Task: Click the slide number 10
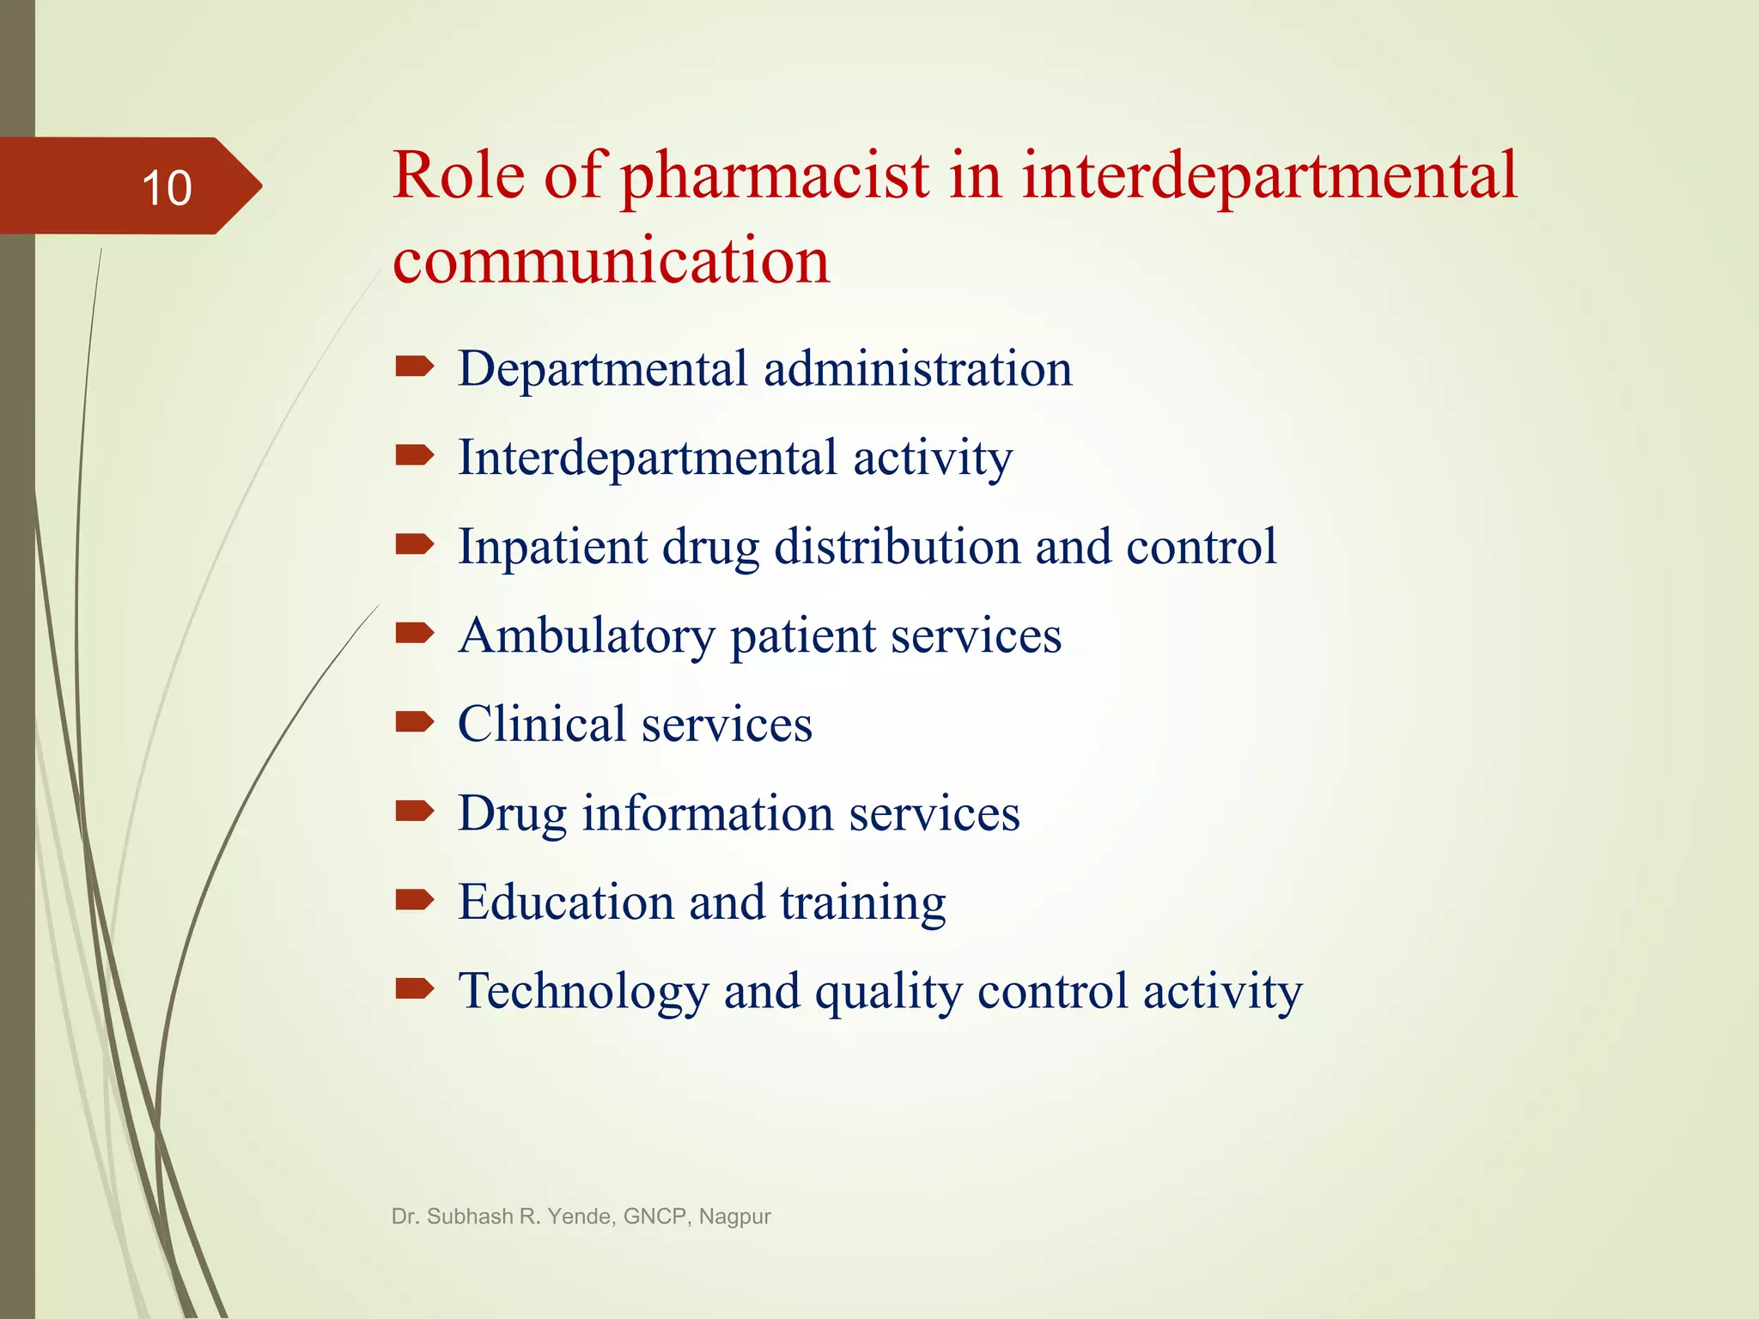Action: point(167,188)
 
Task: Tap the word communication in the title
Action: point(611,260)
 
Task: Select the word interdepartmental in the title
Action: point(1269,178)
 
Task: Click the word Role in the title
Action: point(459,176)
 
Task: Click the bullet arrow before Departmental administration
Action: point(414,368)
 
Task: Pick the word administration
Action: point(917,369)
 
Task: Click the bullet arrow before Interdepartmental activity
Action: point(414,456)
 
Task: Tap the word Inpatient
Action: point(552,548)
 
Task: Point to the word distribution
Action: point(897,547)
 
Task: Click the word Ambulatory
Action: point(587,636)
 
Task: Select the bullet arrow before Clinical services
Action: point(414,723)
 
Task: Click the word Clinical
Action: point(541,724)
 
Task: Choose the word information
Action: point(708,813)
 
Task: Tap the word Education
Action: point(565,903)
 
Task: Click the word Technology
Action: point(583,993)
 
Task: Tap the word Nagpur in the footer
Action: point(734,1218)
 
